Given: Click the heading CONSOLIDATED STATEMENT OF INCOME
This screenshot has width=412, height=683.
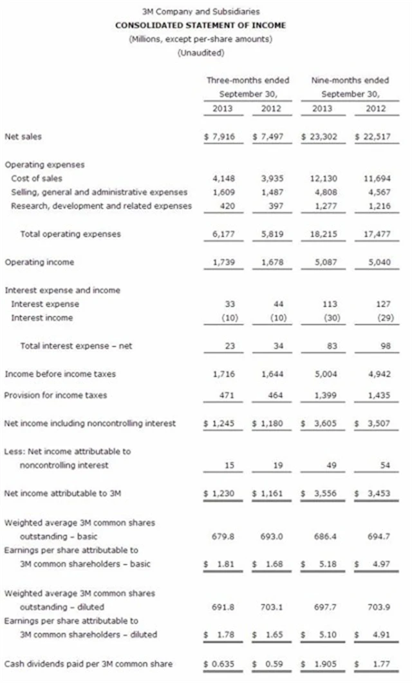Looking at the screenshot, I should [x=200, y=25].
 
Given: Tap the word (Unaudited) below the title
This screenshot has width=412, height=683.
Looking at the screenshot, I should [x=200, y=53].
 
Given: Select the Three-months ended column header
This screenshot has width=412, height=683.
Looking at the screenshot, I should [x=248, y=81].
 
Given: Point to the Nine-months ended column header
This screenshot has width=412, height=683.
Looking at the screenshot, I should [x=350, y=81].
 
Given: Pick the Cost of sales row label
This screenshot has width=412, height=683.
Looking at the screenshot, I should [x=37, y=178].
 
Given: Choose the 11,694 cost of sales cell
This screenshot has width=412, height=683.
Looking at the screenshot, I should [x=372, y=178].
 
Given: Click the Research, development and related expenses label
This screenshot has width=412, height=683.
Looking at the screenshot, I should [x=101, y=206].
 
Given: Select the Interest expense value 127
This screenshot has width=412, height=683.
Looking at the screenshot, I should [x=377, y=303].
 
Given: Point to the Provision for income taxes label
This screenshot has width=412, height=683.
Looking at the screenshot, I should [x=56, y=395].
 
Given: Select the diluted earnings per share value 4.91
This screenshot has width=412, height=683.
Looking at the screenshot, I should [x=375, y=635].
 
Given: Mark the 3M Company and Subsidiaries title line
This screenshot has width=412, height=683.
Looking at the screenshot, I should [x=200, y=12].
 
